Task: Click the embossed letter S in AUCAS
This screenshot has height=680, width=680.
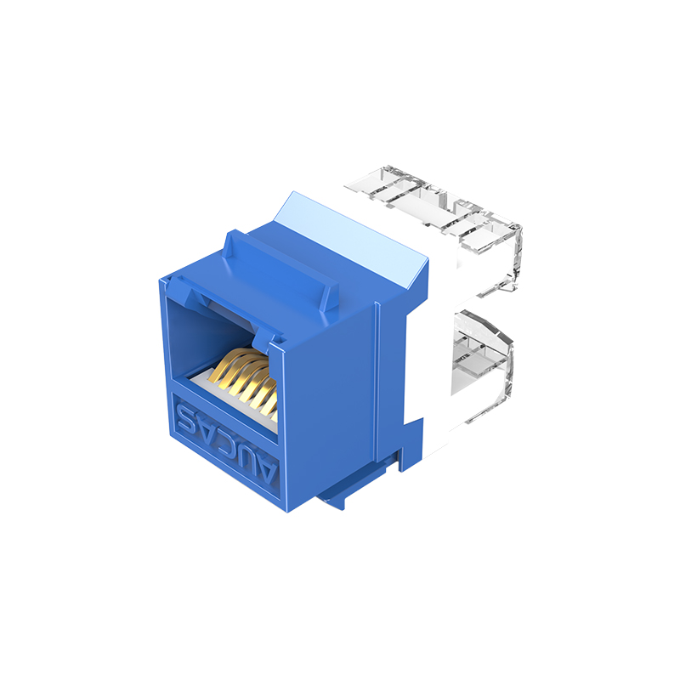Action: pyautogui.click(x=186, y=418)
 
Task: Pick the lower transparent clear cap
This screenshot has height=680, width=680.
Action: pyautogui.click(x=481, y=365)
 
